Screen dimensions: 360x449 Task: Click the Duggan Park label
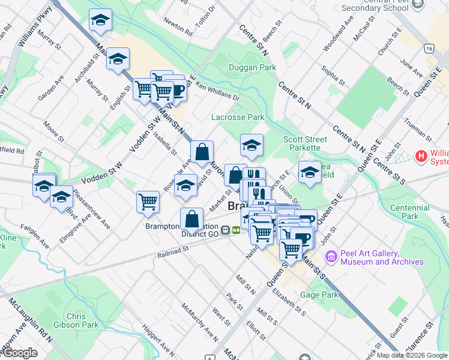tap(252, 67)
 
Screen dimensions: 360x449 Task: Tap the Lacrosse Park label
tap(238, 117)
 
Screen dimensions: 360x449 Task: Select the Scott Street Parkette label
tap(305, 144)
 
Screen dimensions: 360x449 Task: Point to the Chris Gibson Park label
tap(82, 320)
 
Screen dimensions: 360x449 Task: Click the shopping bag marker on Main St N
tap(202, 153)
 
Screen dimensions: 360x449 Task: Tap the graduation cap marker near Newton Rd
tap(100, 21)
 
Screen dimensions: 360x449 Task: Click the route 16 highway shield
tap(427, 47)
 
